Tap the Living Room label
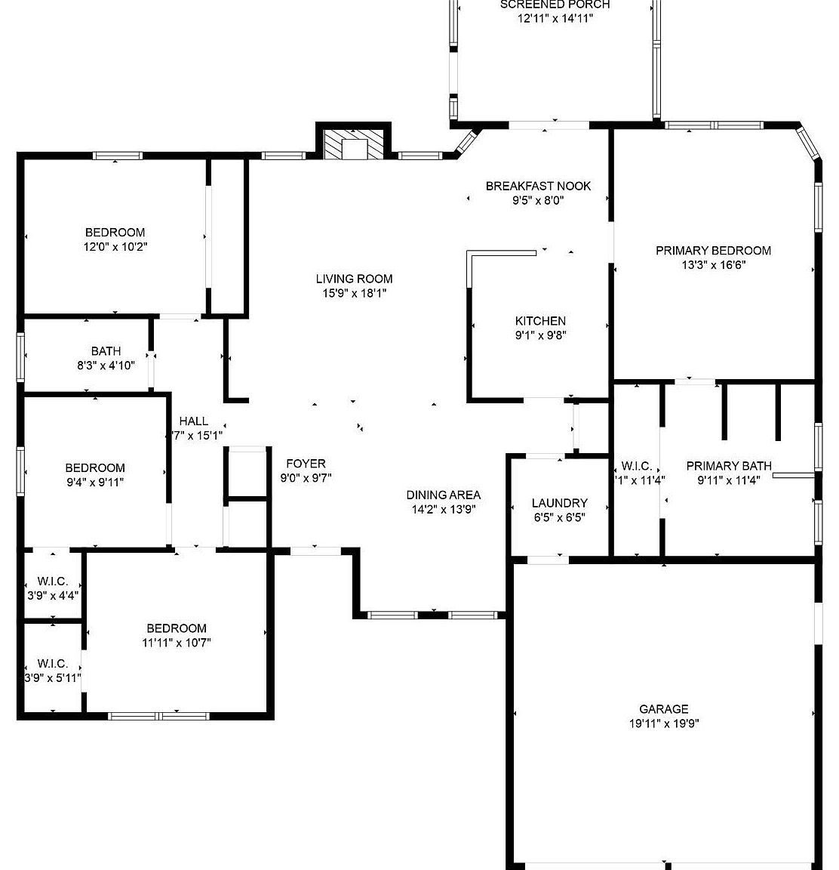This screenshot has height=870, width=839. point(354,279)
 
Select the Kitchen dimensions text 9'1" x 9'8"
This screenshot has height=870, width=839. point(540,335)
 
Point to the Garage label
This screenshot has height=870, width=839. point(664,709)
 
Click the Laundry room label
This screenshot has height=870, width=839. point(559,503)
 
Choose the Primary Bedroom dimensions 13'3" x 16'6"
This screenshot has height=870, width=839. point(714,265)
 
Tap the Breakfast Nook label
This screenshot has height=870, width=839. point(538,186)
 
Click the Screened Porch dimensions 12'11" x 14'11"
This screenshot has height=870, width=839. point(555,19)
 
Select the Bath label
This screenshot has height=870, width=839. point(106,351)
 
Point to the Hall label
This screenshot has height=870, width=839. point(194,421)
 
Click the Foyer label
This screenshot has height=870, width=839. point(306,464)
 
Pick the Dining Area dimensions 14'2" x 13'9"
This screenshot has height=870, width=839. point(444,509)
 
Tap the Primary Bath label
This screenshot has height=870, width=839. point(729,466)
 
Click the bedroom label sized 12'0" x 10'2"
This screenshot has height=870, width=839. point(115,233)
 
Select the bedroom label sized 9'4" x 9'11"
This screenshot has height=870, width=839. point(95,468)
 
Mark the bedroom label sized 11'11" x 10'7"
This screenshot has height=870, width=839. point(177,628)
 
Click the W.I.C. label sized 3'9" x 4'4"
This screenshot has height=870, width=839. point(53,582)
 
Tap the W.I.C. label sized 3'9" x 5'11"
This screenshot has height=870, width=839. point(53,664)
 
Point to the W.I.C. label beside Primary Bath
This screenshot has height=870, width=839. point(636,466)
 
